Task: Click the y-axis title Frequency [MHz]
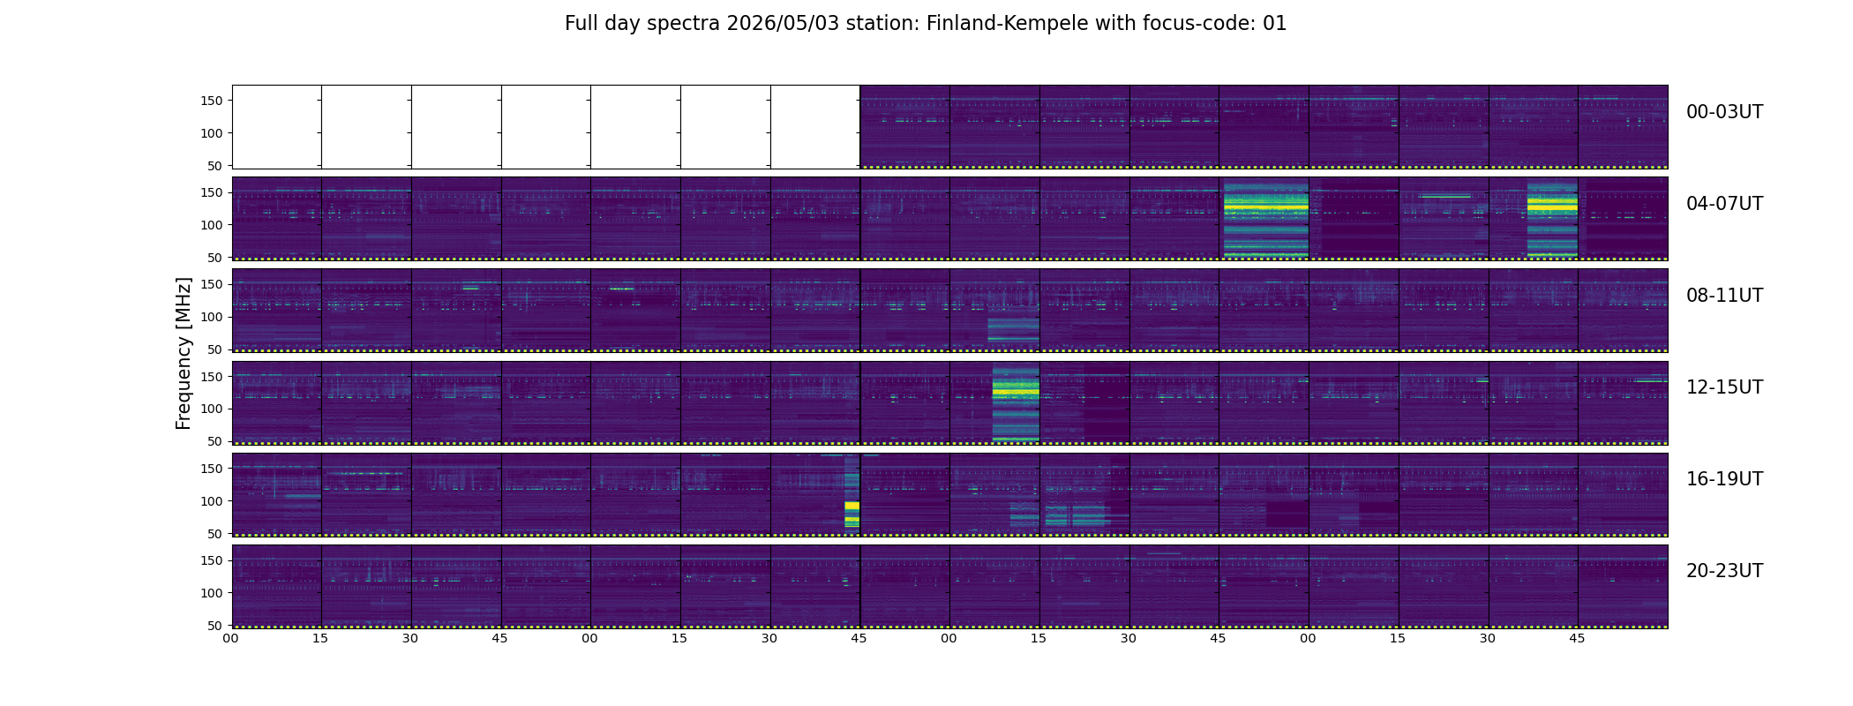184,353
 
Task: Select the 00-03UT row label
1724,112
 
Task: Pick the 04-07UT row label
1724,204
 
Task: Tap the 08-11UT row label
1724,296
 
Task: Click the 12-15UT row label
1724,387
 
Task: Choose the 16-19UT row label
1724,479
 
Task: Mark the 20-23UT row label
1724,571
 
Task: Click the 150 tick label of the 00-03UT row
211,101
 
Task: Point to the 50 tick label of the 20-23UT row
215,626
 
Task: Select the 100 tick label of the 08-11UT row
211,317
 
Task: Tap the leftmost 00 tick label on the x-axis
231,638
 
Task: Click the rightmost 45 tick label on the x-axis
1577,638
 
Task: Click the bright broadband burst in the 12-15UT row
1016,403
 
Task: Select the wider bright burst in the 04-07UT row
1266,219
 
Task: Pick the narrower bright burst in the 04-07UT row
1552,219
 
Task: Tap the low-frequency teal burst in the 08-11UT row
1013,330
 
